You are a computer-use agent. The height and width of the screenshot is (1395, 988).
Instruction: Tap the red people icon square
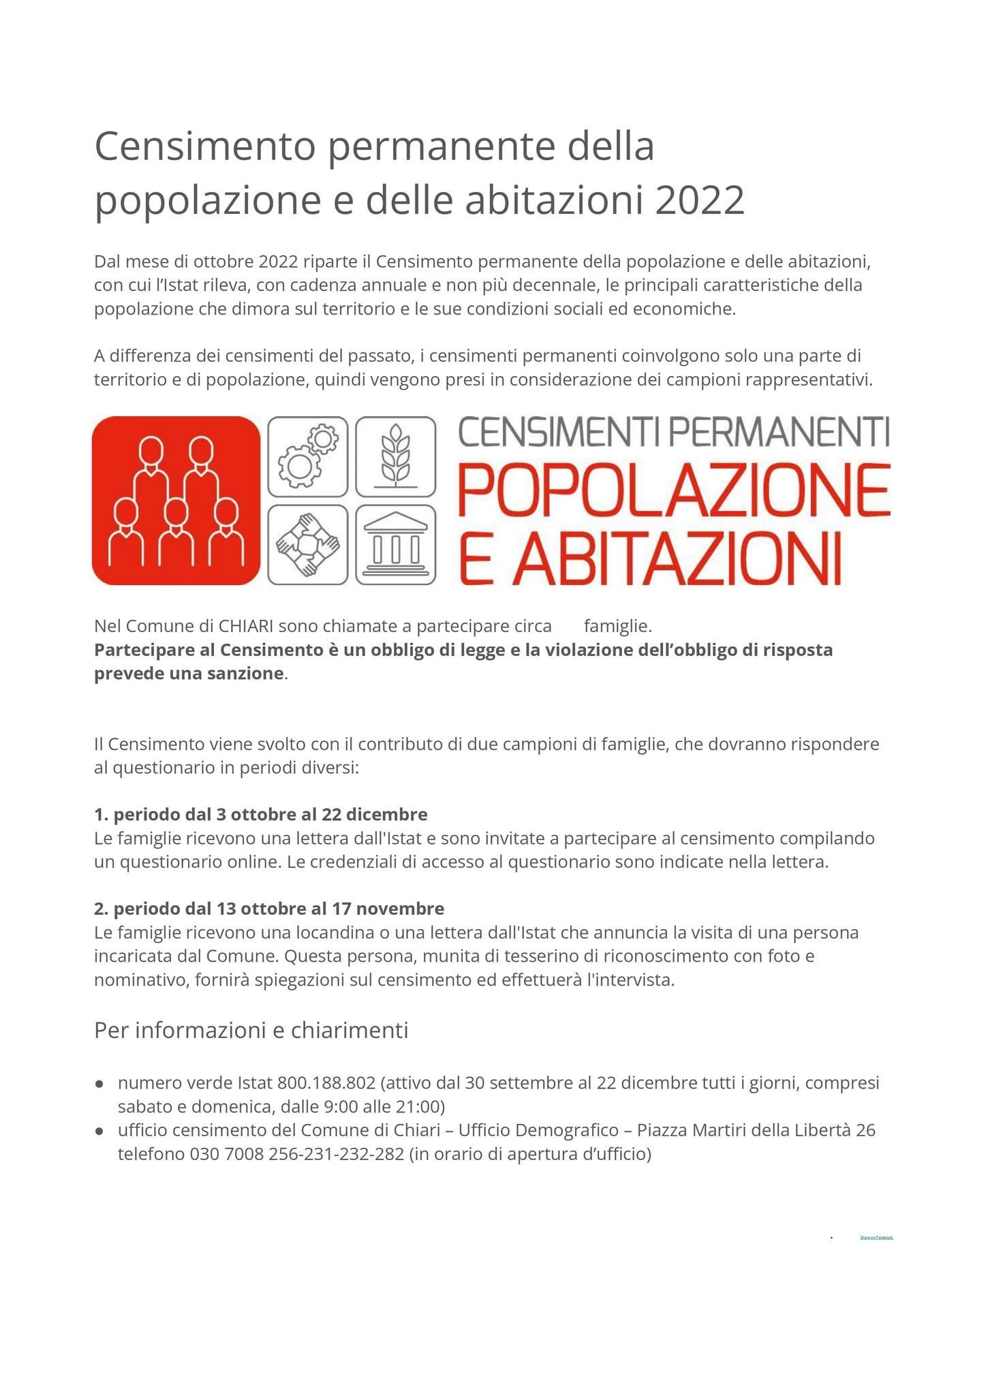coord(176,501)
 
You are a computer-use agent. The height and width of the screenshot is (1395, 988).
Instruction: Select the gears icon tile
coord(308,456)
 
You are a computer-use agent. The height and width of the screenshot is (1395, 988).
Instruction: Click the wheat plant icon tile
coord(396,456)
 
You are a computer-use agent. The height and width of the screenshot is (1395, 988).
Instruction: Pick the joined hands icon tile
coord(308,544)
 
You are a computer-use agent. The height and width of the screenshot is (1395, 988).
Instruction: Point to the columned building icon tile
coord(396,544)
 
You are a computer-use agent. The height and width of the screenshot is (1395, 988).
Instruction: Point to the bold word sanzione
coord(245,674)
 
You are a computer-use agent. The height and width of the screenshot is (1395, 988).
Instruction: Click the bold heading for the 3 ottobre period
coord(261,814)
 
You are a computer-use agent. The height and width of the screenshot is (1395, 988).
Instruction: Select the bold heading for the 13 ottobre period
coord(269,908)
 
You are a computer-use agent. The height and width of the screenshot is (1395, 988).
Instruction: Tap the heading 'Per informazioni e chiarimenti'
coord(251,1031)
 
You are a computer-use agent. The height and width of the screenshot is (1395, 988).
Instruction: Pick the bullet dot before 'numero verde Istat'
coord(99,1083)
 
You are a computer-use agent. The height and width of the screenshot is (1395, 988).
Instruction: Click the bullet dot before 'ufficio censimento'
coord(99,1131)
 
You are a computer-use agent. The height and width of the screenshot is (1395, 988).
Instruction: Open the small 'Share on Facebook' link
coord(876,1236)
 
